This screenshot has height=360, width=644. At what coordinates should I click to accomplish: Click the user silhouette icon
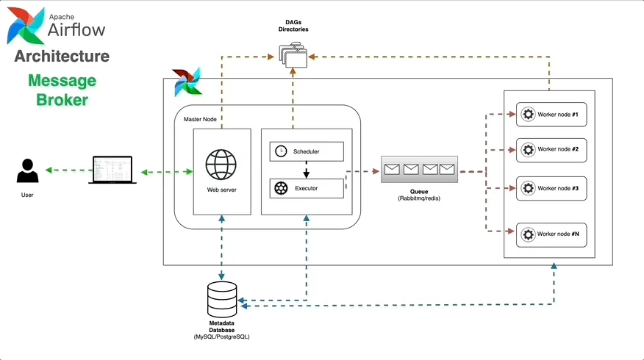click(27, 172)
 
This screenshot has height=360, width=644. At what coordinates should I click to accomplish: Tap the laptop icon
click(112, 170)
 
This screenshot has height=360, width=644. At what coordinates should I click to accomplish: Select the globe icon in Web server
click(221, 166)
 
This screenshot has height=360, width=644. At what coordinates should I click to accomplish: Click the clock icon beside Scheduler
click(280, 151)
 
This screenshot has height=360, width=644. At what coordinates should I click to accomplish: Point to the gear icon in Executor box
click(280, 188)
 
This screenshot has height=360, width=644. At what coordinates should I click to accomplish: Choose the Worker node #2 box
click(551, 149)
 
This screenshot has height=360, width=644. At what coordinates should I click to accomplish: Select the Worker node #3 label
click(558, 189)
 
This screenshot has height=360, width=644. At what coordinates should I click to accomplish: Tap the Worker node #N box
click(551, 234)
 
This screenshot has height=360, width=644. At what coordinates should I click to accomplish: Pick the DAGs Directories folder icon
click(293, 54)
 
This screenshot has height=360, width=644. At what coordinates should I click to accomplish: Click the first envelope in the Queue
click(391, 169)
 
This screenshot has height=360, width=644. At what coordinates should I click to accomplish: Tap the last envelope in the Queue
click(447, 169)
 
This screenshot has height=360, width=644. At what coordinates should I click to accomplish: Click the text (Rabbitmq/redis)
click(418, 198)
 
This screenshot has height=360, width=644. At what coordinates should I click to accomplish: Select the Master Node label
click(200, 119)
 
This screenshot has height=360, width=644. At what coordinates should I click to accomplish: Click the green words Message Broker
click(62, 90)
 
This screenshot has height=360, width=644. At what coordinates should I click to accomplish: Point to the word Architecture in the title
click(62, 57)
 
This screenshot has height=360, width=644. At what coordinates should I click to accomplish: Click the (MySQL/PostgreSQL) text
click(221, 336)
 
